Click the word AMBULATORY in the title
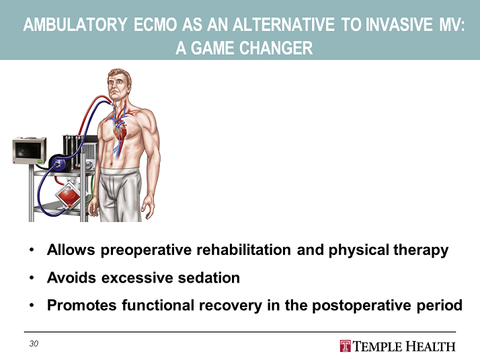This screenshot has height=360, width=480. [75, 26]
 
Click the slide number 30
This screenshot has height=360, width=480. [34, 344]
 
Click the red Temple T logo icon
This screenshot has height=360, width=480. [345, 346]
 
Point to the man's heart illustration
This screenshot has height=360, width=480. [119, 132]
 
